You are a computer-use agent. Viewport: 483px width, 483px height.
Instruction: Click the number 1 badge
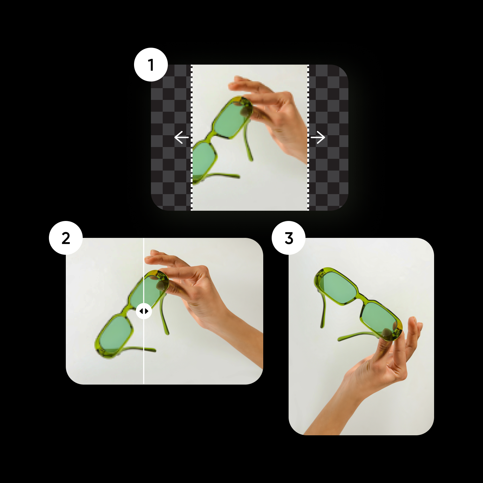coord(151,65)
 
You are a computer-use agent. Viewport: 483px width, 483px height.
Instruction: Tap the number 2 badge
coord(66,238)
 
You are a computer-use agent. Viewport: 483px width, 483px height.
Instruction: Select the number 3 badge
coord(289,238)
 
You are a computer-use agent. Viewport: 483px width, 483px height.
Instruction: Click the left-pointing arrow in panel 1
coord(181,137)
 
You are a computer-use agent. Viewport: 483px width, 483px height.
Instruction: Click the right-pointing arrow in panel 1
coord(318,137)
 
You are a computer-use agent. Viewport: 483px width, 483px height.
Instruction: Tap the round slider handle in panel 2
coord(144,311)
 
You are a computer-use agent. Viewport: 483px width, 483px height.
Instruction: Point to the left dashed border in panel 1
coord(191,137)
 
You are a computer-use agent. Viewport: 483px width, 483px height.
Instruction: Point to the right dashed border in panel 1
coord(308,137)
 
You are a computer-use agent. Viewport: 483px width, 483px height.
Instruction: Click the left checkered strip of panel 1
coord(171,137)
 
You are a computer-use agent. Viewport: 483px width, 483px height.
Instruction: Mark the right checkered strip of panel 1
coord(328,137)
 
